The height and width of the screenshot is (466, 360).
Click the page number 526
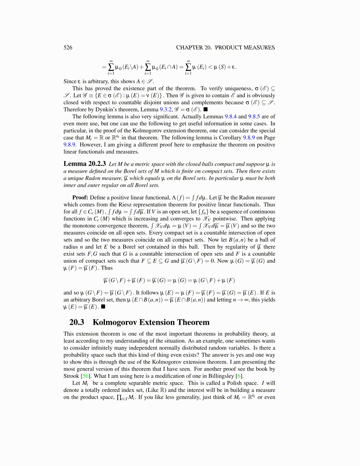(68, 48)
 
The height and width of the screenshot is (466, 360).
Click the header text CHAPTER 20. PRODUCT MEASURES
(225, 48)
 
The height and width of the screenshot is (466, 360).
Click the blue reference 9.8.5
(254, 116)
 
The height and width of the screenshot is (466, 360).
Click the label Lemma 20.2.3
(85, 164)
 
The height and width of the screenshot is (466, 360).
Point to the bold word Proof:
(80, 198)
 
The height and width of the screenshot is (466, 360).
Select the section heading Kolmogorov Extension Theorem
(151, 322)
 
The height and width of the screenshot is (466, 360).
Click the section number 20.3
(77, 322)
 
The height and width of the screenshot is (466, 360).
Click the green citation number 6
(240, 376)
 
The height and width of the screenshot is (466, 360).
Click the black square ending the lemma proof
(103, 307)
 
